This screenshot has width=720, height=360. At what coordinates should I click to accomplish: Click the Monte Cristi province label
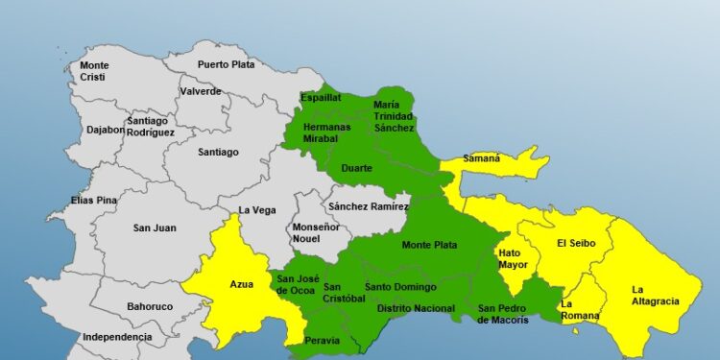94,70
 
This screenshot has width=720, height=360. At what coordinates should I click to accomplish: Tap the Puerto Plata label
225,64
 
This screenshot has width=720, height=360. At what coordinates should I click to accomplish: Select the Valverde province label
200,92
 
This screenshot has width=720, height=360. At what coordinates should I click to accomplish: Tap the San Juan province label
154,228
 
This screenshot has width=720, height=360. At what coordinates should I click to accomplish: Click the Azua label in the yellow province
241,285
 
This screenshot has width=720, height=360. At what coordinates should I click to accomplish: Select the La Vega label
256,210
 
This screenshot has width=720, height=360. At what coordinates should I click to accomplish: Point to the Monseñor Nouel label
315,231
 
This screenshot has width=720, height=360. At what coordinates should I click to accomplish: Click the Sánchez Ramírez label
368,206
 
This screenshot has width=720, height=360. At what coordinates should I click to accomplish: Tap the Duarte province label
356,168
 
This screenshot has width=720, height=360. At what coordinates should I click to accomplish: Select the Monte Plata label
429,245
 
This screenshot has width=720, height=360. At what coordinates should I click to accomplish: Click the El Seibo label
576,243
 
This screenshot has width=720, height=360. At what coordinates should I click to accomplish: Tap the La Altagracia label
655,295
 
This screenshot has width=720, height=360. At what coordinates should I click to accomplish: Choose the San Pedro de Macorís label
503,314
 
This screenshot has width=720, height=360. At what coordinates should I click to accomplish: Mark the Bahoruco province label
150,308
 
